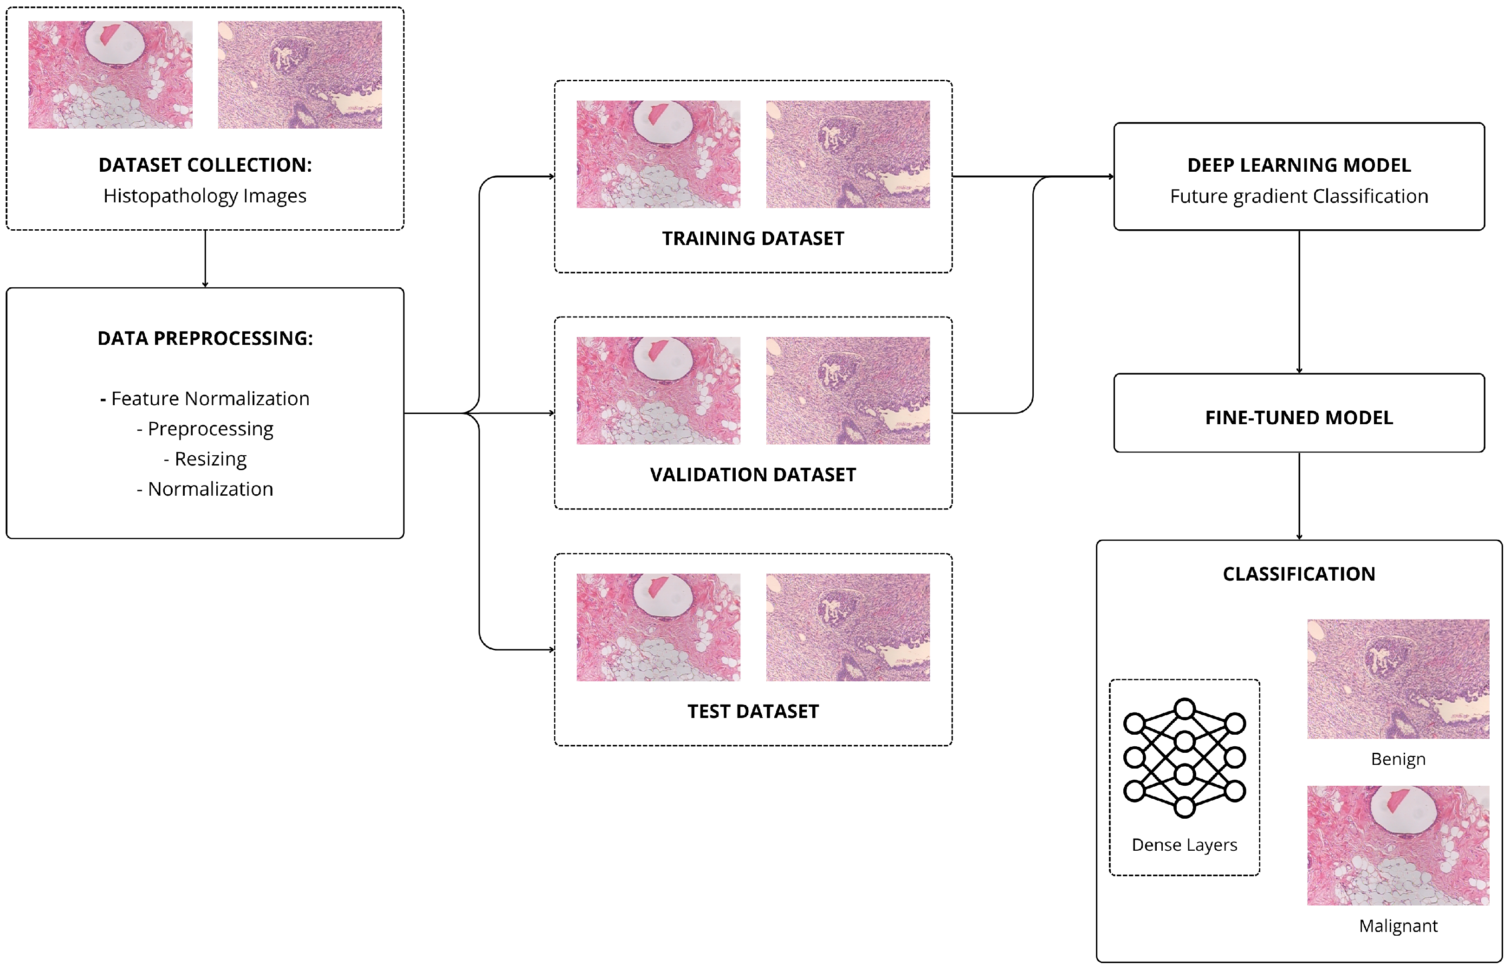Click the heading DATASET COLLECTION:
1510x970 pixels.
tap(205, 165)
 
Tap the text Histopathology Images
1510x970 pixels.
tap(205, 196)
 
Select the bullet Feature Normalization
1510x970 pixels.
tap(205, 399)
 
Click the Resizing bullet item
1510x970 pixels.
tap(205, 459)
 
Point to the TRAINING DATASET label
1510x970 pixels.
tap(753, 239)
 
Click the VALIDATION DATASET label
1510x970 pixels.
tap(753, 475)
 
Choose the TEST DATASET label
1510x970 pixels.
tap(753, 712)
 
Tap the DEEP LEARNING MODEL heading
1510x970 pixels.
tap(1299, 165)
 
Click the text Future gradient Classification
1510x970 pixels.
tap(1299, 196)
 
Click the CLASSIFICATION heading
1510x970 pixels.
tap(1299, 574)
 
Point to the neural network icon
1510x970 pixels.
tap(1184, 758)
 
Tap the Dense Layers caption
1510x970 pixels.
tap(1184, 845)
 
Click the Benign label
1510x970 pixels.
tap(1398, 759)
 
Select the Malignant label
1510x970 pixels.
tap(1398, 926)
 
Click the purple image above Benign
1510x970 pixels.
tap(1398, 679)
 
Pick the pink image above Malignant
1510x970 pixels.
tap(1398, 845)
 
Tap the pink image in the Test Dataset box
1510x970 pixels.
tap(658, 627)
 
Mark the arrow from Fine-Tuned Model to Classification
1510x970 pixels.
tap(1299, 496)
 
